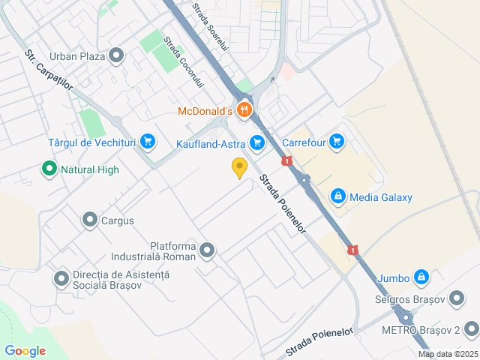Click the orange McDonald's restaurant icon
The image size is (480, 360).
244,112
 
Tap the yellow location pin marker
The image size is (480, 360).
239,168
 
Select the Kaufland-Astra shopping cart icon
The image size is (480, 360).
258,142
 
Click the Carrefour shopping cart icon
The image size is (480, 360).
336,140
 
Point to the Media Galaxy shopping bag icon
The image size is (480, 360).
338,196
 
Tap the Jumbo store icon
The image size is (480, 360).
421,277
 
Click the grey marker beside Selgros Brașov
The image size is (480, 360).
457,299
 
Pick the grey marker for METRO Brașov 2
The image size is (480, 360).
471,329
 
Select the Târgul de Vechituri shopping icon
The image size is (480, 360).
147,141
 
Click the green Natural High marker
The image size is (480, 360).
49,169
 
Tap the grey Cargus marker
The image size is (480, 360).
90,220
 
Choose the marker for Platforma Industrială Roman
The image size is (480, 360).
207,250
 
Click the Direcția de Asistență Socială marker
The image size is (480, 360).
61,279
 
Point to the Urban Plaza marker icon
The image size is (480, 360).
116,55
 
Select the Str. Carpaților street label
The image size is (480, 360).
49,70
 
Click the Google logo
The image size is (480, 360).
25,351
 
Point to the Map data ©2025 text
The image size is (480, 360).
448,354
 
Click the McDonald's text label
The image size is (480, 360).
205,112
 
